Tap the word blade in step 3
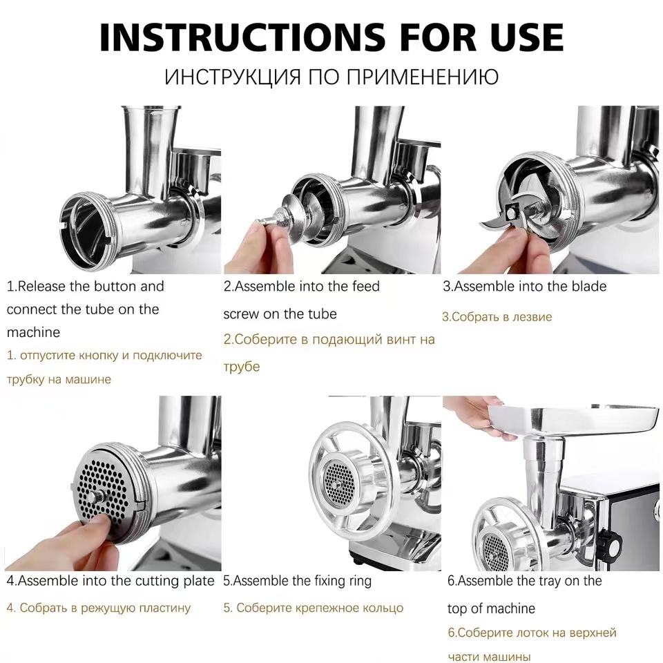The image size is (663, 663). tap(589, 286)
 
